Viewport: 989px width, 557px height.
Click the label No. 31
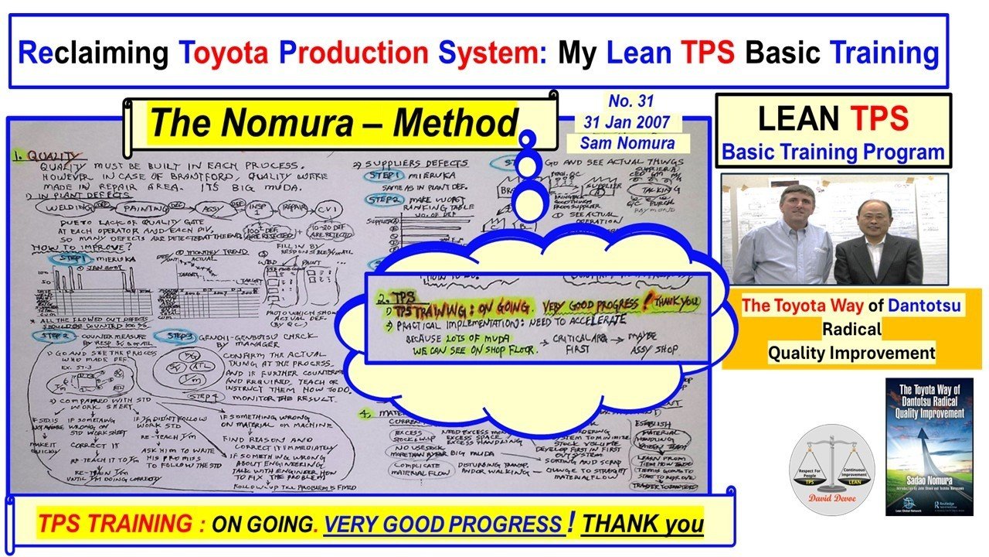click(630, 101)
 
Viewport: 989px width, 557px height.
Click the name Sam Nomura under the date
click(630, 142)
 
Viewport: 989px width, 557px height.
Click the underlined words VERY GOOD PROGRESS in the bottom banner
click(444, 525)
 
